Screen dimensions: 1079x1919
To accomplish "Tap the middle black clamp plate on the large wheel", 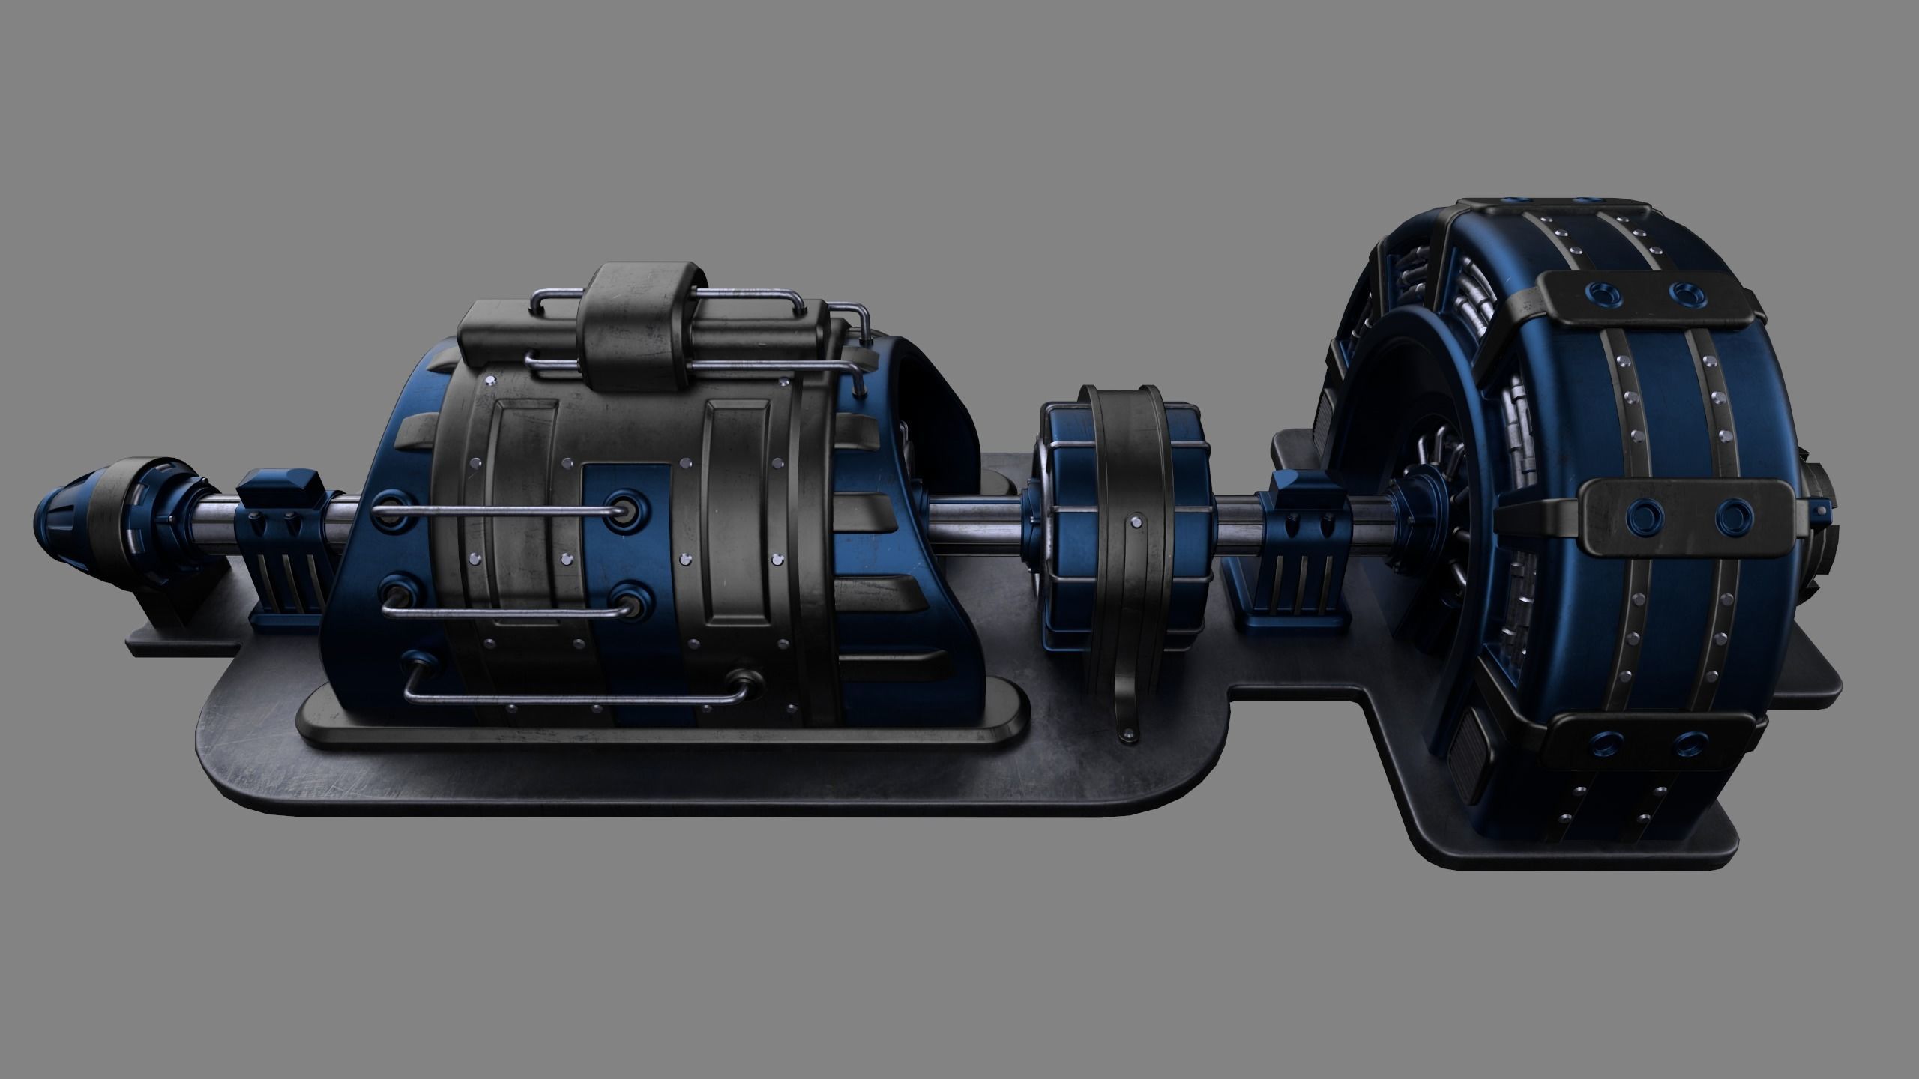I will click(1679, 516).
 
